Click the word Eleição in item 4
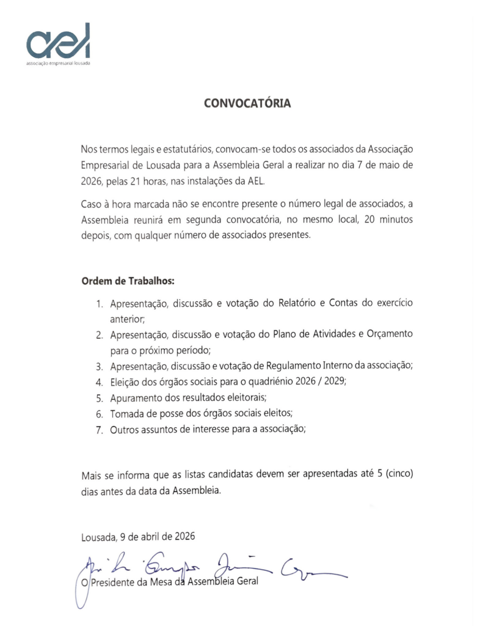126,382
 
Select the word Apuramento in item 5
137,398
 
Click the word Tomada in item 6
126,414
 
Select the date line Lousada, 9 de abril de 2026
138,537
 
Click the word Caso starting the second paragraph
92,204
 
